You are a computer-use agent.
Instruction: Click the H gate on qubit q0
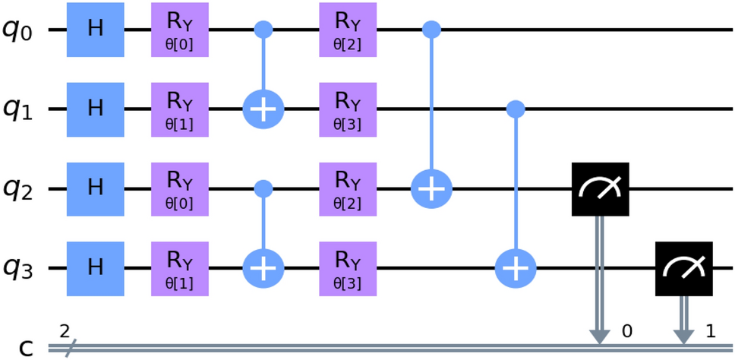click(95, 30)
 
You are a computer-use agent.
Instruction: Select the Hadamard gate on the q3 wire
click(95, 269)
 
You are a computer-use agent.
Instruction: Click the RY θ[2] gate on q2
click(348, 189)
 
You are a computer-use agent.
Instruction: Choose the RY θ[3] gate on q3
click(348, 269)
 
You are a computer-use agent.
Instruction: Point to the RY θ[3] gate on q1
click(348, 110)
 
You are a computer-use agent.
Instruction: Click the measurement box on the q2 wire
click(600, 189)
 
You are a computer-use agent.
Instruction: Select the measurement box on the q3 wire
click(684, 269)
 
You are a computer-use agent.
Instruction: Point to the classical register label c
click(26, 349)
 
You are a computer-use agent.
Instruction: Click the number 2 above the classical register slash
click(65, 331)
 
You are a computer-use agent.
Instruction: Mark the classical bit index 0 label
click(627, 332)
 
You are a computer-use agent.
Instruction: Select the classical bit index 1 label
click(711, 332)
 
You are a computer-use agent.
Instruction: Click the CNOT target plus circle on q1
click(263, 110)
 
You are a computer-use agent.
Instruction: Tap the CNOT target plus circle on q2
click(431, 189)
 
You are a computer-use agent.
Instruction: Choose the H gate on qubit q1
click(95, 110)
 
